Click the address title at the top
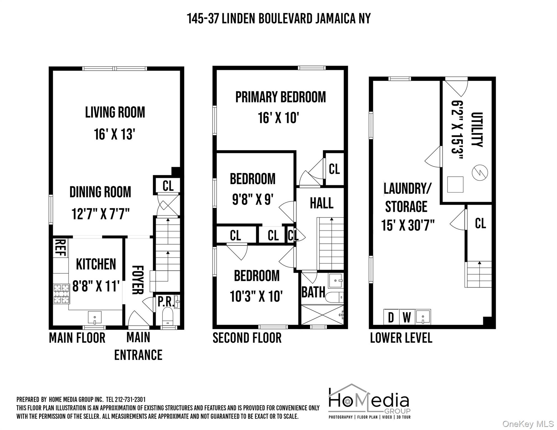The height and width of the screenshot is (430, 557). [278, 19]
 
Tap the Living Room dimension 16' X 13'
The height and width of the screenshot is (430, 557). [115, 134]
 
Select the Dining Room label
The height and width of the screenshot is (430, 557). [100, 192]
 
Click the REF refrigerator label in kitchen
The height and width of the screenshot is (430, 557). [60, 248]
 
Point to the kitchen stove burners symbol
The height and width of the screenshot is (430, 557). [61, 294]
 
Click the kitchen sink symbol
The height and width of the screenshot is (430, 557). [95, 317]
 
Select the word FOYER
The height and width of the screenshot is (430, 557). [138, 280]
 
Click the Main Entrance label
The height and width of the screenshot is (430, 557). [138, 346]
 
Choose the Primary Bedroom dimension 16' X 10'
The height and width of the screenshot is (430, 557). [278, 118]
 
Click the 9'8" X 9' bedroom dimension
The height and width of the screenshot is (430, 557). [252, 200]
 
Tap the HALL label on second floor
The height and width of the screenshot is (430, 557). [321, 203]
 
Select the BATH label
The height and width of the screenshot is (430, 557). [313, 293]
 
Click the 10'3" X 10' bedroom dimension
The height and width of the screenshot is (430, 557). [256, 296]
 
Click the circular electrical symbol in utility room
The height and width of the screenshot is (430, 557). [480, 172]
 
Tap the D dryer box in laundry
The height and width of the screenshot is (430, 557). [391, 317]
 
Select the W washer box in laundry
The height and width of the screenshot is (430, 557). [407, 317]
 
